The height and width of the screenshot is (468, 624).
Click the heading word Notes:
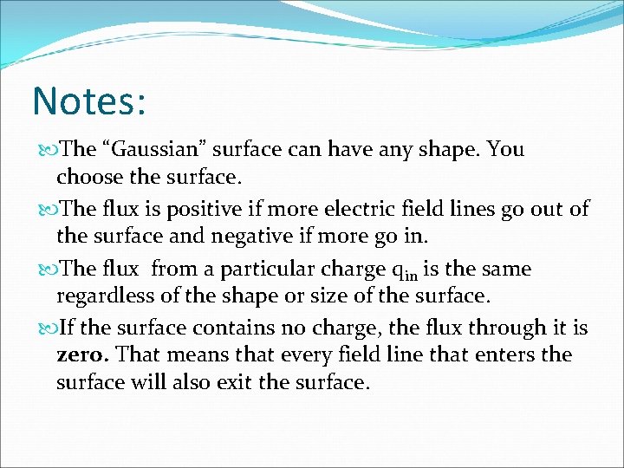tap(88, 101)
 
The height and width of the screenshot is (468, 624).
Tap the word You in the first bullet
tap(505, 149)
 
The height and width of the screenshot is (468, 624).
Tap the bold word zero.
tap(82, 355)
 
